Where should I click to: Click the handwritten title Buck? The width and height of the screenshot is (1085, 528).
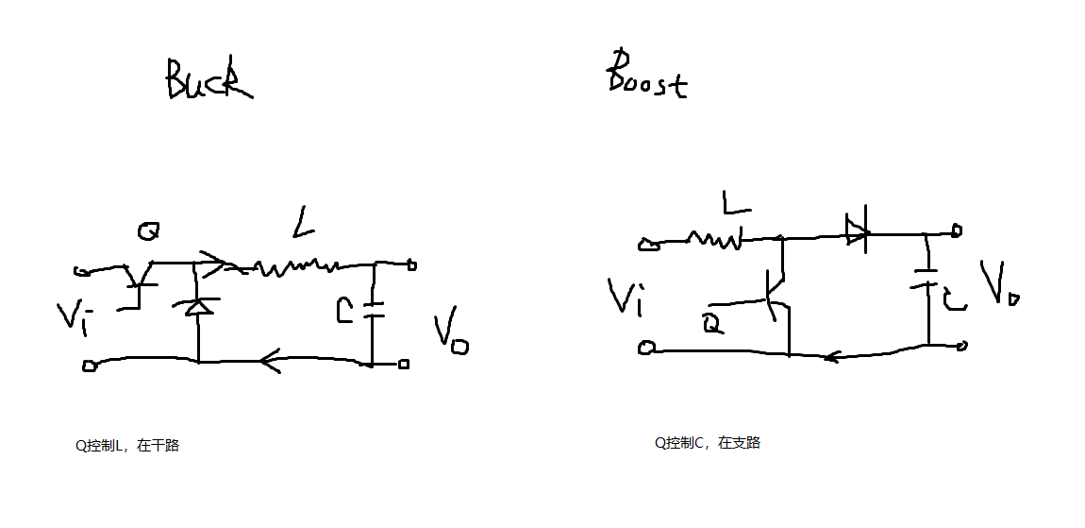[x=209, y=80]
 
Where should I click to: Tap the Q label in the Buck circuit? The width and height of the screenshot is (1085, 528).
[x=147, y=230]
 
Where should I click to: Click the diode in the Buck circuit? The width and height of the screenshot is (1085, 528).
[x=198, y=306]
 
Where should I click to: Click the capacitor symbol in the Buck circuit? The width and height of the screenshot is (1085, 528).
[x=373, y=309]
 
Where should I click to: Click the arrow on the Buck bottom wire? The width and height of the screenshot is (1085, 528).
[x=270, y=360]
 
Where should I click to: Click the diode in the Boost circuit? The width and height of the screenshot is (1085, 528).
[x=856, y=230]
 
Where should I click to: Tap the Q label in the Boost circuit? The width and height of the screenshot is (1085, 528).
[x=713, y=324]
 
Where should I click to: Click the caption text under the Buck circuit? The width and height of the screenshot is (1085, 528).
[x=127, y=446]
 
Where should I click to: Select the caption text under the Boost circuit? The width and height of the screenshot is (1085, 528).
[x=708, y=442]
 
